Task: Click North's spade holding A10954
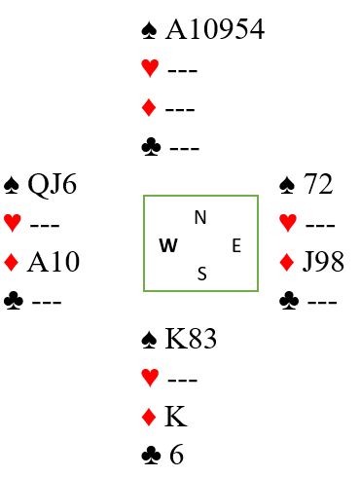pyautogui.click(x=215, y=29)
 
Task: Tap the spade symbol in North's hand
pyautogui.click(x=149, y=30)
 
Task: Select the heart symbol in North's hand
pyautogui.click(x=150, y=68)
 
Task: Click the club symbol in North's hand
pyautogui.click(x=151, y=147)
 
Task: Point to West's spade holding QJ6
pyautogui.click(x=53, y=184)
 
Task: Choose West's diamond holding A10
pyautogui.click(x=54, y=262)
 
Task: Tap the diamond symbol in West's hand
pyautogui.click(x=12, y=263)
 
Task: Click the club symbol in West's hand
pyautogui.click(x=14, y=301)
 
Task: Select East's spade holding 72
pyautogui.click(x=318, y=184)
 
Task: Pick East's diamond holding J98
pyautogui.click(x=323, y=262)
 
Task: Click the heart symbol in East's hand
pyautogui.click(x=288, y=223)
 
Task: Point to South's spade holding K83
pyautogui.click(x=191, y=339)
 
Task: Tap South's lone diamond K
pyautogui.click(x=176, y=417)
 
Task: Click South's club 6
pyautogui.click(x=176, y=455)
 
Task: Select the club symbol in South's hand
pyautogui.click(x=151, y=455)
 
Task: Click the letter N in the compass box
pyautogui.click(x=200, y=217)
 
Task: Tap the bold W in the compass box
pyautogui.click(x=168, y=245)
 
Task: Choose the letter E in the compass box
pyautogui.click(x=236, y=245)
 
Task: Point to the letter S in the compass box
pyautogui.click(x=201, y=274)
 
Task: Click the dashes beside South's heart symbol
pyautogui.click(x=183, y=380)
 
